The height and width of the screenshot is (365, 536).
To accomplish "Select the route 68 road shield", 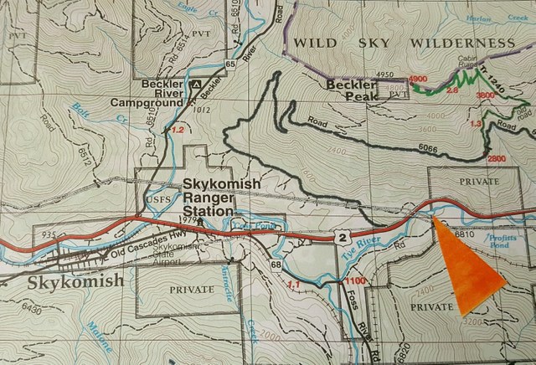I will coord(276,265).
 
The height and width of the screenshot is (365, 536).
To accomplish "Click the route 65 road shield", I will coord(230,64).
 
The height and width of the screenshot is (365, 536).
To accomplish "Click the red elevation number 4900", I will coord(419,79).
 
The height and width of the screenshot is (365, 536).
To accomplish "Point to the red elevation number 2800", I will coord(497,159).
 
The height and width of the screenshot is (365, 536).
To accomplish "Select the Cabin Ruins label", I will coord(470,64).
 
